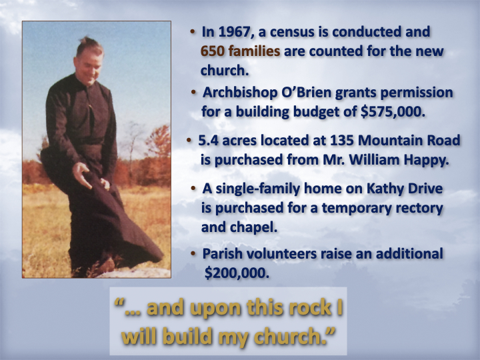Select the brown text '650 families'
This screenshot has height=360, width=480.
240,51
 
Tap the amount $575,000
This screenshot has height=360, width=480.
393,112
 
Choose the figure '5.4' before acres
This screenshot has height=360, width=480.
209,141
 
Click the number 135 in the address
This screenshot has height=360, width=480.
341,141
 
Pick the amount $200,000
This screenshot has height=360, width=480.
237,273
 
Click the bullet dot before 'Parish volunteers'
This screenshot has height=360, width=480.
193,254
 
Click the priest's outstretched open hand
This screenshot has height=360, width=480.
82,175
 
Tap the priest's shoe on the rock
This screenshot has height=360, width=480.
105,266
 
